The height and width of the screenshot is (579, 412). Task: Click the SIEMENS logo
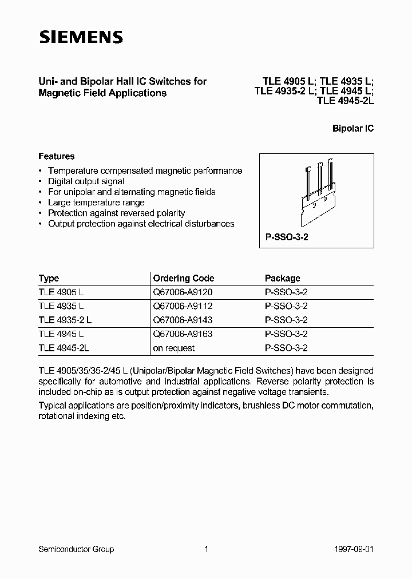[x=81, y=38]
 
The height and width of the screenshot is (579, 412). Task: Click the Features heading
[x=56, y=156]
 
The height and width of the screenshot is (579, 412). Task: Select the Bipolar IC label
[x=352, y=129]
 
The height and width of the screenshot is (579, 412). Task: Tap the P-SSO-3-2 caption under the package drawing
[x=287, y=237]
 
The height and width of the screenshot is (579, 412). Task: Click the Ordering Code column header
[x=183, y=279]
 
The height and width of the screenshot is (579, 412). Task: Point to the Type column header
[x=49, y=279]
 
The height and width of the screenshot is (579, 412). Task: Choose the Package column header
[x=282, y=279]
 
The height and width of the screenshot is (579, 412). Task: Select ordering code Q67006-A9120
[x=183, y=292]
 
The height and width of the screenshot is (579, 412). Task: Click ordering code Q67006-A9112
[x=183, y=306]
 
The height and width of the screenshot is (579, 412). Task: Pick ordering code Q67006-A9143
[x=183, y=320]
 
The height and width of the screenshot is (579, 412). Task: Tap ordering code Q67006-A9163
[x=183, y=334]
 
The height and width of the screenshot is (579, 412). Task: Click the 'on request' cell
[x=174, y=348]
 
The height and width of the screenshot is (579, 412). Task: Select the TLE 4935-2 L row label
[x=65, y=320]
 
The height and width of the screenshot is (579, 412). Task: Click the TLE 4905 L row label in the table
[x=61, y=292]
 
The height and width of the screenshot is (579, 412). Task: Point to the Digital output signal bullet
[x=86, y=181]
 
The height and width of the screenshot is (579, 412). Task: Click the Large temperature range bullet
[x=96, y=203]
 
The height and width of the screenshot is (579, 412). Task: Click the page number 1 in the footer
[x=205, y=549]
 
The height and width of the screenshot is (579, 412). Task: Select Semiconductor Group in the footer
[x=76, y=549]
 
